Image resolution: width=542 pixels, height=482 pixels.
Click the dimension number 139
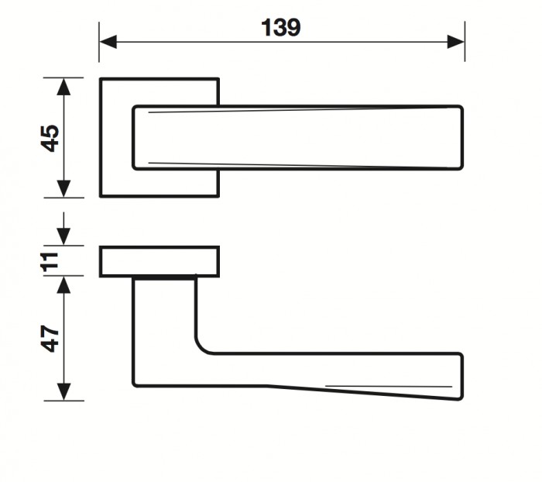click(280, 28)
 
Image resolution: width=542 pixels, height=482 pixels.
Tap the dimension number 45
click(50, 138)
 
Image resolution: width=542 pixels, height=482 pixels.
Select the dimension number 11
click(50, 262)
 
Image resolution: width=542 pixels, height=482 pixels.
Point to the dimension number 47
click(50, 338)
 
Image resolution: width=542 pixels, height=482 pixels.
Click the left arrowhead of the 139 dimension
click(108, 42)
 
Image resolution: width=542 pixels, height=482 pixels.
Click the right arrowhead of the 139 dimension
click(456, 42)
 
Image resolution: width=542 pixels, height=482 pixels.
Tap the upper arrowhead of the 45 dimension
click(63, 87)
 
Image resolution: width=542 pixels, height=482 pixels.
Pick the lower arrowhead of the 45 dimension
click(63, 189)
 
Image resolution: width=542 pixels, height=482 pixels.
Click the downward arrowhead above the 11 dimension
click(63, 236)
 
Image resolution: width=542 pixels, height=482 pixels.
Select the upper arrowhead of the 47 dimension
click(63, 285)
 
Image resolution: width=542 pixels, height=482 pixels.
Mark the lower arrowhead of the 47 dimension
click(63, 392)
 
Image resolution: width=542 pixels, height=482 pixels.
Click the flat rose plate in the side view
click(160, 262)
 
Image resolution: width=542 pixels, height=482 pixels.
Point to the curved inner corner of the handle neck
click(201, 347)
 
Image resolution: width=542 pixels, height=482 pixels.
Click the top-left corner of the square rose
click(100, 79)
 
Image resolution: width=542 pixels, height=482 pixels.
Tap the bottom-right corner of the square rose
click(218, 196)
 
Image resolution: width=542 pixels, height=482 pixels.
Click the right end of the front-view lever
click(462, 138)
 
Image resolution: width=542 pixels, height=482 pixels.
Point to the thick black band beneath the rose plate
click(164, 278)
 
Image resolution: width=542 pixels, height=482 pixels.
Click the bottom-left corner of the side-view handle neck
click(134, 385)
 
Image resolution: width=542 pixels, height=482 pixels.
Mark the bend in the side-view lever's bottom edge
click(267, 385)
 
